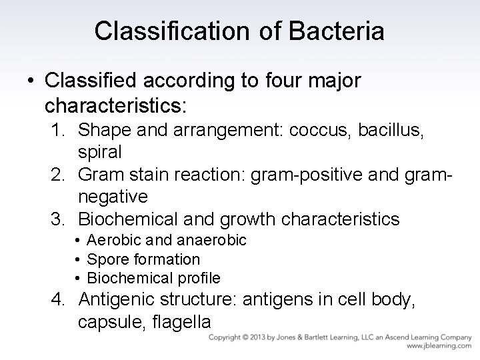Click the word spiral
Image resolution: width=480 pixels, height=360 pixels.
[x=99, y=152]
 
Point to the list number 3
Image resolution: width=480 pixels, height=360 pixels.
[x=58, y=218]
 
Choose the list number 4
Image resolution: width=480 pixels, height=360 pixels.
[x=59, y=301]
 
